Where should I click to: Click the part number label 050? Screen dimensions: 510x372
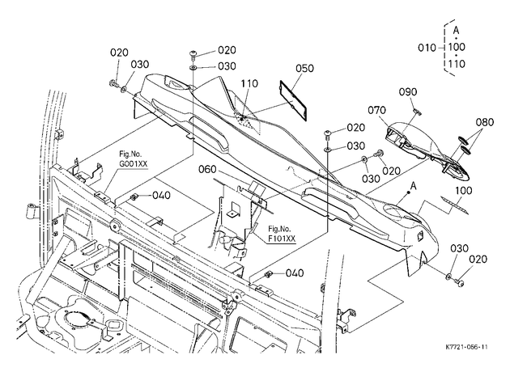coord(304,68)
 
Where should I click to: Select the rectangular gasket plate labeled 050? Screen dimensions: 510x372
coord(294,101)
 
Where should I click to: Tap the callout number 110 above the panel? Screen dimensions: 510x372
coord(249,83)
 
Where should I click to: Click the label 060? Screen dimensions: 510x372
coord(207,170)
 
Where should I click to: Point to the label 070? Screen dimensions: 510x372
coord(377,111)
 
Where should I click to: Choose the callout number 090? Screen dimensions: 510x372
coord(408,92)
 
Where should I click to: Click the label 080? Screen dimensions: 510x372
coord(485,122)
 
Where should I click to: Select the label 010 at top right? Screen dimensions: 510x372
coord(427,48)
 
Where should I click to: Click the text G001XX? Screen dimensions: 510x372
coord(133,163)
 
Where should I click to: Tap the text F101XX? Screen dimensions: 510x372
coord(282,239)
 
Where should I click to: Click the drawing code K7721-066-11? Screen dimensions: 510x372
coord(467,347)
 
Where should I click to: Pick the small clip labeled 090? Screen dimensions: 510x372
coord(417,112)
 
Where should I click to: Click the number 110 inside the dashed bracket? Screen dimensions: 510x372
coord(457,64)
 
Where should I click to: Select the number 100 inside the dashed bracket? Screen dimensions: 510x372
coord(457,47)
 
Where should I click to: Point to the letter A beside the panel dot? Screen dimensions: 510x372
coord(413,186)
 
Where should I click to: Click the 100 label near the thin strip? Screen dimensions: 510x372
coord(463,190)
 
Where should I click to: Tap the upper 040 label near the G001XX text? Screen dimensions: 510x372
coord(161,195)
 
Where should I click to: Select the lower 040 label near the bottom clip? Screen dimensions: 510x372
coord(295,273)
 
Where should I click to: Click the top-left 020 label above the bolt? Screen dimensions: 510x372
coord(119,53)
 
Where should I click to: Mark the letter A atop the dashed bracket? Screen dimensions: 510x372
coord(457,31)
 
